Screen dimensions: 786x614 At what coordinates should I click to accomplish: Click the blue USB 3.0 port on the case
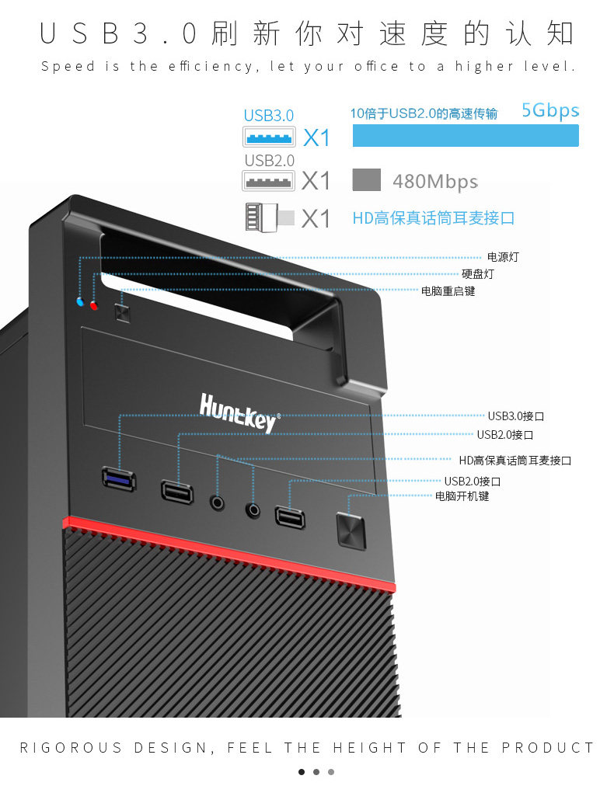[x=118, y=478]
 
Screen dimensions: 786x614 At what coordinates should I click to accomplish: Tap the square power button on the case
[x=351, y=531]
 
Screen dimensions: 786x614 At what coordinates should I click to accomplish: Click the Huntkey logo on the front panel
[x=238, y=412]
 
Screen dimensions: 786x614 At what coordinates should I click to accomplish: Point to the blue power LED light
[x=80, y=301]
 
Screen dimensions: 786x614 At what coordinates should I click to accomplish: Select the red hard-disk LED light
[x=94, y=304]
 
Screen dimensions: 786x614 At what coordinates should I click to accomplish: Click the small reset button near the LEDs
[x=121, y=311]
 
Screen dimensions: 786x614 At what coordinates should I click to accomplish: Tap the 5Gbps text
[x=550, y=110]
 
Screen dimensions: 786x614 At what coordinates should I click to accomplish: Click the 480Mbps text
[x=434, y=182]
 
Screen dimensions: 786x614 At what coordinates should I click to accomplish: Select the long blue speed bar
[x=466, y=135]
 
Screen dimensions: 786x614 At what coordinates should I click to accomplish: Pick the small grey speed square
[x=367, y=180]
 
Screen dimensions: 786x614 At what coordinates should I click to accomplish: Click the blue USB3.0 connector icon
[x=269, y=138]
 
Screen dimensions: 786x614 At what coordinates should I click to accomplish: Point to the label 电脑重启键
[x=448, y=291]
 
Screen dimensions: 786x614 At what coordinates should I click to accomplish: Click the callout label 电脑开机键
[x=462, y=496]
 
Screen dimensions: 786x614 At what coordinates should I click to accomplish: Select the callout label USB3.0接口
[x=516, y=416]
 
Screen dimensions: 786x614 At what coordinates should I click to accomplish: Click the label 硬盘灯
[x=477, y=274]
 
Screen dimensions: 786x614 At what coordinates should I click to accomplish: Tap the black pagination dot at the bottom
[x=302, y=771]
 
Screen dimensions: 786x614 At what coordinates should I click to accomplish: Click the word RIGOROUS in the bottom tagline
[x=72, y=748]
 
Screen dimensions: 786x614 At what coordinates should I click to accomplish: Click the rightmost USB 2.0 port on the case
[x=289, y=517]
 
